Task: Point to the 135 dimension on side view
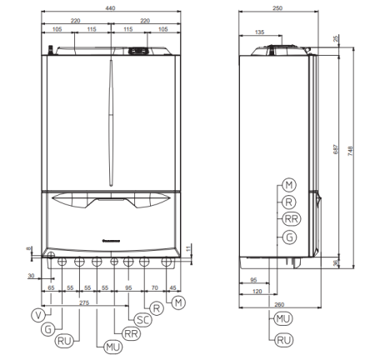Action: click(x=260, y=32)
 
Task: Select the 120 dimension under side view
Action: click(x=257, y=292)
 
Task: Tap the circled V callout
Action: click(x=37, y=314)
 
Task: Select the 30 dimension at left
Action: click(x=31, y=273)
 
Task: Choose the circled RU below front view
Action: click(x=64, y=340)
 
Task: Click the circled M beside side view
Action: click(x=289, y=183)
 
